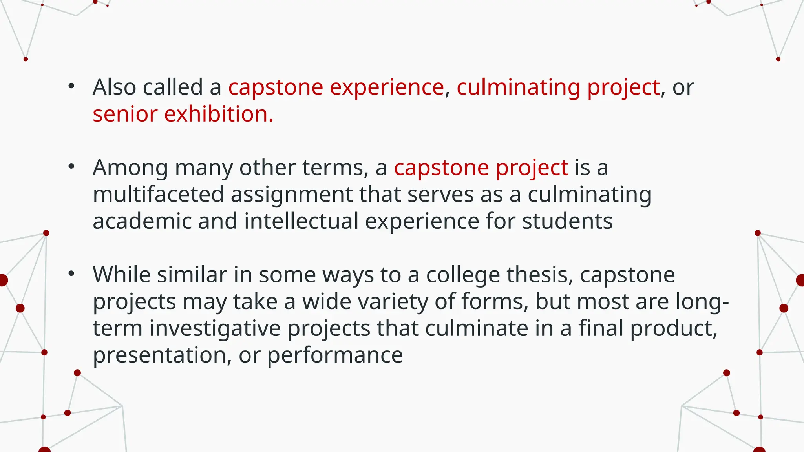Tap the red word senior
[x=125, y=114]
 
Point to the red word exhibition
[x=218, y=114]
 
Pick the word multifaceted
[x=158, y=194]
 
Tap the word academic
[x=142, y=221]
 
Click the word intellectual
[x=301, y=221]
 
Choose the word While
[x=121, y=275]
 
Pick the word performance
[x=335, y=355]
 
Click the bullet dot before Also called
[x=71, y=86]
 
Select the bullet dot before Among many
[x=71, y=167]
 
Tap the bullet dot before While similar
[x=71, y=274]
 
